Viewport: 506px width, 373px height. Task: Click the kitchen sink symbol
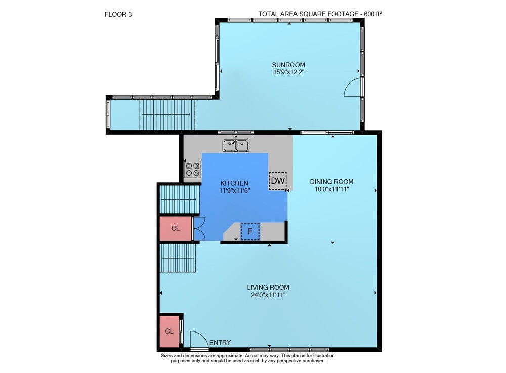(236, 146)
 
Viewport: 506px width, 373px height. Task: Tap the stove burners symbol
(192, 170)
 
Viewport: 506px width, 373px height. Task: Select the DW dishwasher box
(277, 181)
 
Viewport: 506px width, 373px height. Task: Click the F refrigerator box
(250, 231)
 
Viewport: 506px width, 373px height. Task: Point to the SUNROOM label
(288, 65)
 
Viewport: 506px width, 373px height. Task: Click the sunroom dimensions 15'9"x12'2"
(288, 72)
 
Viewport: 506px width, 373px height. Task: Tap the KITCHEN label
(234, 183)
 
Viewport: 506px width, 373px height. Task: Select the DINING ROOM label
(331, 182)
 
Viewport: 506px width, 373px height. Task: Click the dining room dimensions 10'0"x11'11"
(332, 189)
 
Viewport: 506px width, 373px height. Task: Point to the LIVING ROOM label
(268, 287)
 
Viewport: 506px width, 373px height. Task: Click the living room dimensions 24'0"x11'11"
(268, 295)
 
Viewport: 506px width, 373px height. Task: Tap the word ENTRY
(220, 343)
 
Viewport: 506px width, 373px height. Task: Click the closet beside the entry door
(170, 331)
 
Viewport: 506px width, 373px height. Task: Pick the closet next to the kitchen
(176, 228)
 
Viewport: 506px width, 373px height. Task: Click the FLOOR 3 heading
(118, 14)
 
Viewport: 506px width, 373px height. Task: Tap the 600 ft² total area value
(373, 14)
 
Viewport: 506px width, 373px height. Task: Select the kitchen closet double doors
(199, 228)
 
